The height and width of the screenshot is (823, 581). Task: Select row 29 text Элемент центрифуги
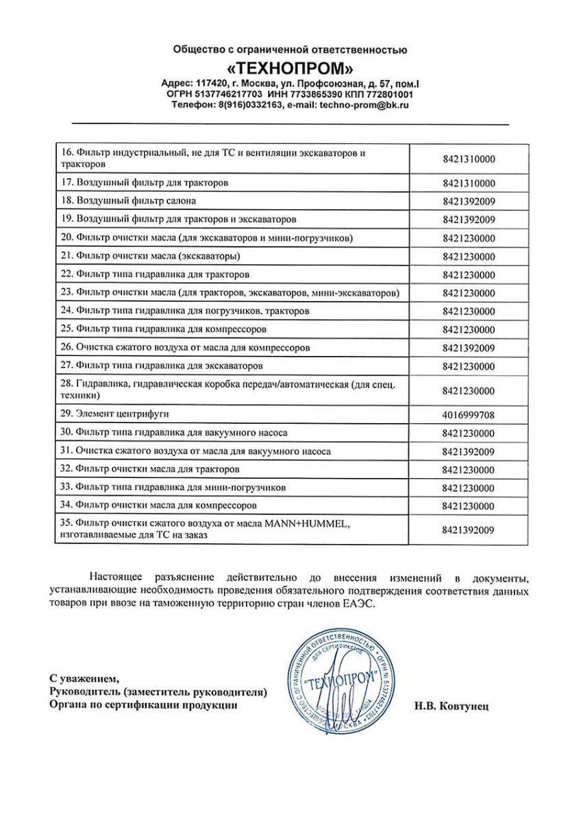pyautogui.click(x=114, y=415)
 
